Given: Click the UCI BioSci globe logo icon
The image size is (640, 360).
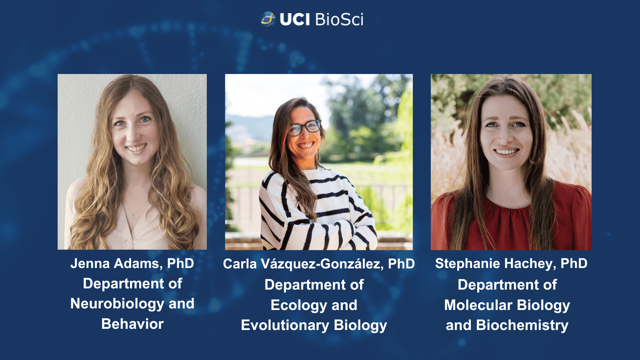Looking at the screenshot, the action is [x=268, y=19].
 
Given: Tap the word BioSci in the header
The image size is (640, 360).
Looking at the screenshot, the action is [x=339, y=20].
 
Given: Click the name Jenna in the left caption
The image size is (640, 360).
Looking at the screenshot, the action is [x=90, y=264].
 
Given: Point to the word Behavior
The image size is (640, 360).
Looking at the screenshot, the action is [x=132, y=324].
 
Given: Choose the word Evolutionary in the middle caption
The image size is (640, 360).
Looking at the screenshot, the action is [x=285, y=326].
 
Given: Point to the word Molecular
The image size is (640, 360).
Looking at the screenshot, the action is [x=478, y=305].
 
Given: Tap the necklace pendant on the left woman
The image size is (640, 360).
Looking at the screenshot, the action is [x=132, y=216].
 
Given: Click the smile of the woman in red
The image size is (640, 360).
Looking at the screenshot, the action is [x=507, y=152].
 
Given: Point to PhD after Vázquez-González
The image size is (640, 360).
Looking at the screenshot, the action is [x=401, y=264].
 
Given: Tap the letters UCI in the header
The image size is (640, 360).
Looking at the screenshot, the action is [x=295, y=20].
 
